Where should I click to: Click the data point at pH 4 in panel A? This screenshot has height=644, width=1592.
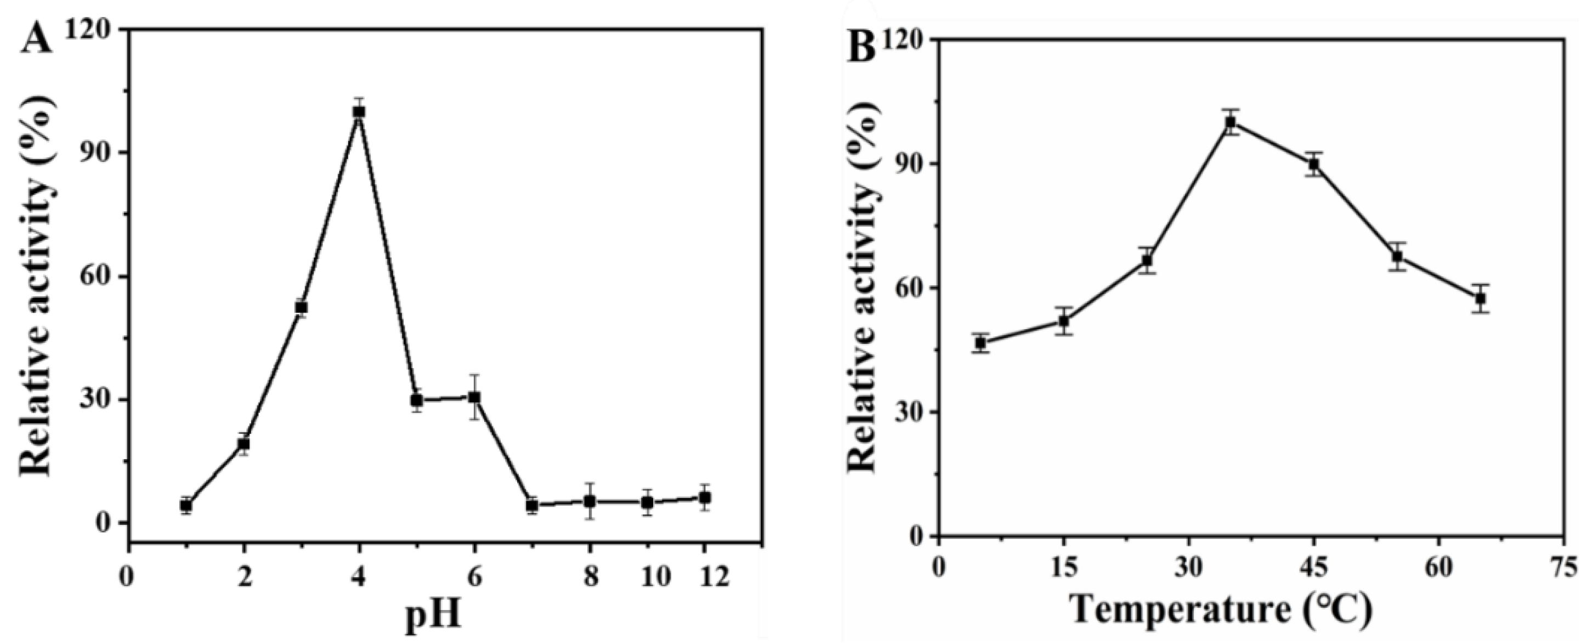click(359, 112)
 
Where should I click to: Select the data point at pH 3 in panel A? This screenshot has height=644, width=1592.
click(301, 307)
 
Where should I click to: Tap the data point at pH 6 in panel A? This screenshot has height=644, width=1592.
click(474, 397)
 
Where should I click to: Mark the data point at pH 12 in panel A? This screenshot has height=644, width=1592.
click(705, 498)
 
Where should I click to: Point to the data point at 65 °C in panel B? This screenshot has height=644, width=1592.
click(1480, 298)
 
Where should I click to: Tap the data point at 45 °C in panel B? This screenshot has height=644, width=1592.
click(1314, 165)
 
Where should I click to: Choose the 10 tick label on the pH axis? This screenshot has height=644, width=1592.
click(655, 577)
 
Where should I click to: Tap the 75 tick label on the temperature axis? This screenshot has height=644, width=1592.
click(1568, 570)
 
